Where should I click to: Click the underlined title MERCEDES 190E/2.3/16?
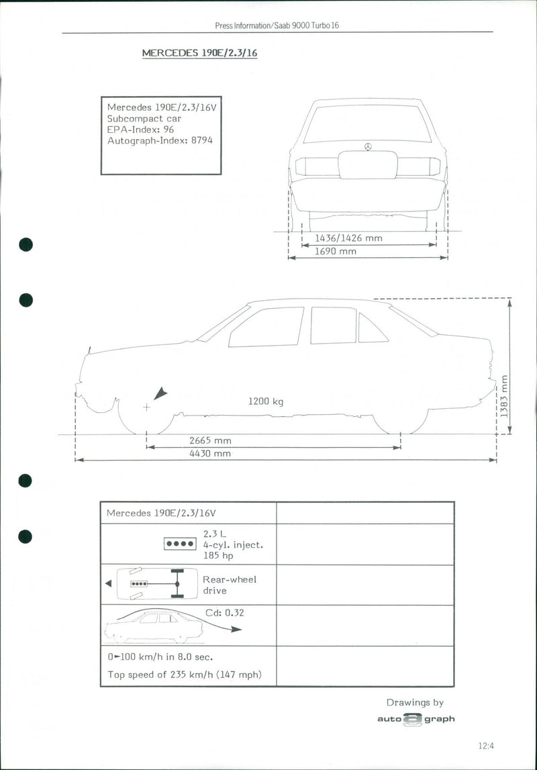(x=199, y=53)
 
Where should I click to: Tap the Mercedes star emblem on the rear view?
(x=368, y=146)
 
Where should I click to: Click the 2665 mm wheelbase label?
(x=210, y=440)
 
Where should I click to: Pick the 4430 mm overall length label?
(x=210, y=453)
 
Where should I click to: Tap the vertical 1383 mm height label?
(x=504, y=396)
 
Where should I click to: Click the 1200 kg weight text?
(x=266, y=401)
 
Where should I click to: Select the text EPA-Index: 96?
(x=140, y=130)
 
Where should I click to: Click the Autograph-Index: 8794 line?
(x=160, y=141)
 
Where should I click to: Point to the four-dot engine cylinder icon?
(x=180, y=544)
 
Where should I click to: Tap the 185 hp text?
(x=219, y=556)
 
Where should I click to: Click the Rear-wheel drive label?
(x=229, y=585)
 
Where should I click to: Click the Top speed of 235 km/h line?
(x=185, y=674)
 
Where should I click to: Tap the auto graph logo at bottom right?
(x=415, y=719)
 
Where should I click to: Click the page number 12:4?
(x=486, y=745)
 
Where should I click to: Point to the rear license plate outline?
(x=368, y=165)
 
